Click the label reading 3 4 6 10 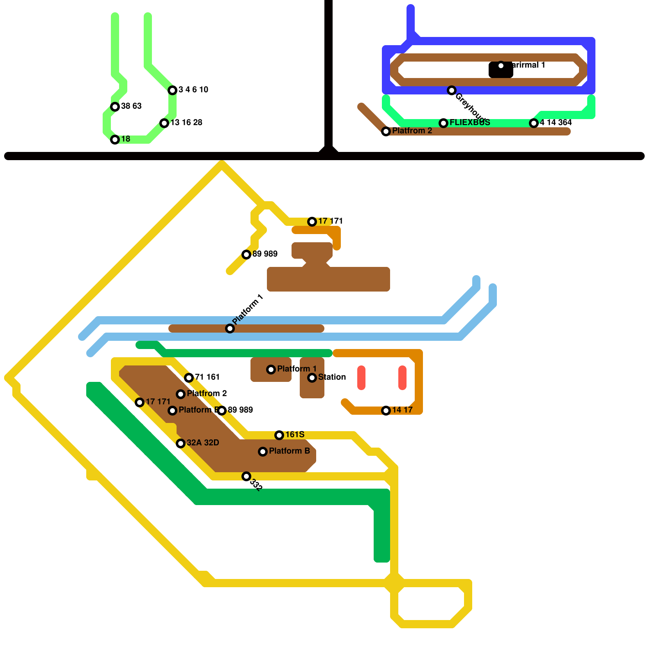pos(193,90)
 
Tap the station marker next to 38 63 pos(115,107)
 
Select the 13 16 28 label pos(186,123)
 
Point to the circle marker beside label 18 pos(115,140)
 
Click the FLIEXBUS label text pos(470,123)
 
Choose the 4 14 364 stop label pos(556,123)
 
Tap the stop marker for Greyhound pos(452,90)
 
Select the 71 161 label pos(207,377)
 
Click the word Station pos(332,377)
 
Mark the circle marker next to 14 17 pos(386,411)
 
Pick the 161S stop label pos(295,435)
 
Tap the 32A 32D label pos(203,443)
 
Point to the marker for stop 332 pos(246,476)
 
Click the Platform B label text pos(289,451)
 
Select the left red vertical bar pos(361,378)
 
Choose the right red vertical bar pos(402,378)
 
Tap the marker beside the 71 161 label pos(189,378)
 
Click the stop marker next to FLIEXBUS pos(443,123)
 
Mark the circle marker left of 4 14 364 pos(534,123)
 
